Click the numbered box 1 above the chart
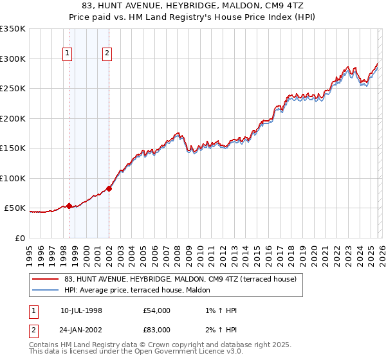tap(68, 54)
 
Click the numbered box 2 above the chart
tap(107, 54)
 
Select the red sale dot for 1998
tap(69, 206)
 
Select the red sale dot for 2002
tap(109, 188)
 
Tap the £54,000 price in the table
tap(157, 310)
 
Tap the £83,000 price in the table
tap(157, 331)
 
